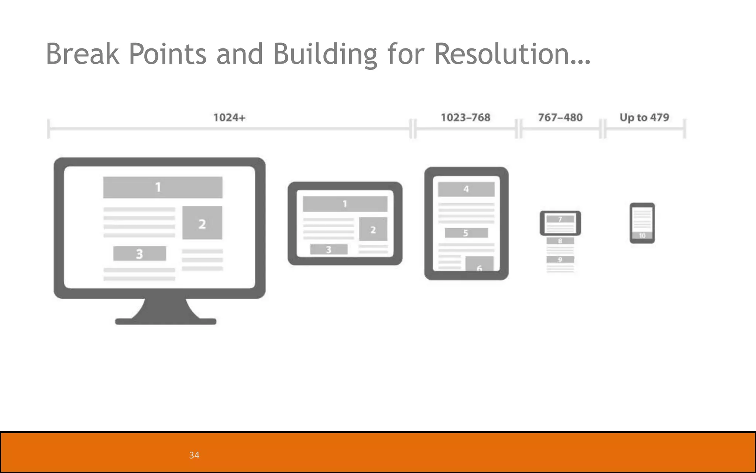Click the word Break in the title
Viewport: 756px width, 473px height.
coord(83,54)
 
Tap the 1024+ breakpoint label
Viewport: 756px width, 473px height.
coord(229,118)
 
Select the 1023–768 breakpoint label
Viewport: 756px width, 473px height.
coord(465,118)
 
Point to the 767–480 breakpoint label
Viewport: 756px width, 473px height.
coord(560,118)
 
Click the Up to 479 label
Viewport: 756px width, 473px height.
coord(644,118)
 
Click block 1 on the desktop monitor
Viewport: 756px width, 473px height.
coord(162,187)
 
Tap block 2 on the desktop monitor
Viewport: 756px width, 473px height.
coord(202,223)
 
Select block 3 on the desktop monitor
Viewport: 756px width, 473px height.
coord(140,253)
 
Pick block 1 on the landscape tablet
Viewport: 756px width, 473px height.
coord(345,204)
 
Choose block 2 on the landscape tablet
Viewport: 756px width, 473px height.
coord(373,229)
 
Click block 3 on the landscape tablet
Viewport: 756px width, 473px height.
coord(329,249)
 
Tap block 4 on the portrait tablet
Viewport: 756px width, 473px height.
coord(466,189)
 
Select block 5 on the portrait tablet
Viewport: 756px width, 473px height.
coord(466,233)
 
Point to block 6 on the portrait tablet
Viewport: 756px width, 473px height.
coord(479,265)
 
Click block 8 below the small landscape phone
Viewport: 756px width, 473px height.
coord(560,241)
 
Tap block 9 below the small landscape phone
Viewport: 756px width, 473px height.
coord(560,259)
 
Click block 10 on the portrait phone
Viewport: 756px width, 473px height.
coord(642,236)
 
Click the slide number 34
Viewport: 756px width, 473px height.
coord(194,455)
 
